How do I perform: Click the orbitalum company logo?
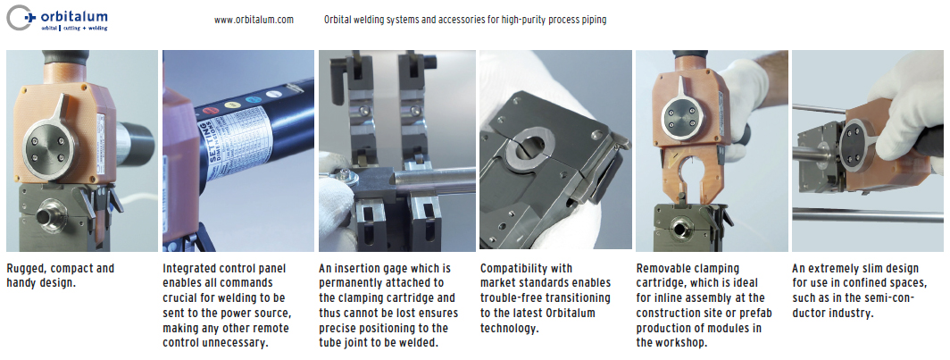[x=57, y=19]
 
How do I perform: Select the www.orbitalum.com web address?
[x=254, y=20]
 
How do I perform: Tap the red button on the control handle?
[x=210, y=111]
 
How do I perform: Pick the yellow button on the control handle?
[x=231, y=105]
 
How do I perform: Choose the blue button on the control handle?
[x=252, y=99]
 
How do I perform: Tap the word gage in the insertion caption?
[x=406, y=268]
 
